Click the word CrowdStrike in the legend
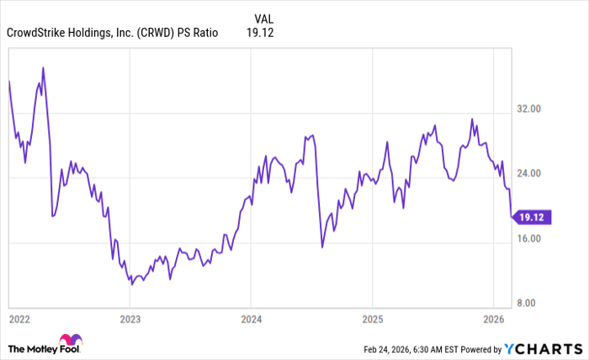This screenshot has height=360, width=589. click(x=37, y=34)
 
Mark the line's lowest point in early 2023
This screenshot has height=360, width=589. click(x=131, y=284)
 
